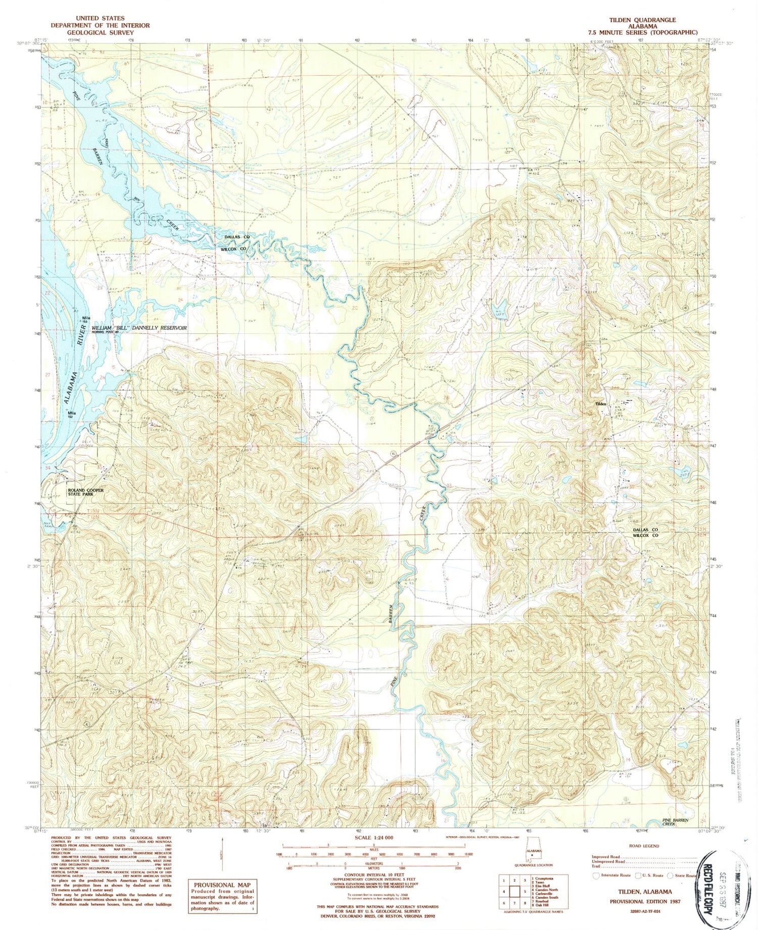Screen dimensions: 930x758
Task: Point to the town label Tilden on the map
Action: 601,405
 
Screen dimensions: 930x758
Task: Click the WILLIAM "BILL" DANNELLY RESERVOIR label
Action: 139,328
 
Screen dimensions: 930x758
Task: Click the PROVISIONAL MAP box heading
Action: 221,885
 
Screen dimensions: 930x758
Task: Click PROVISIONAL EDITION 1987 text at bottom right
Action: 644,901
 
